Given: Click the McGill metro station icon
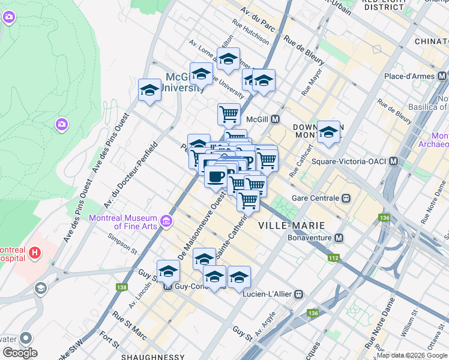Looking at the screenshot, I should [x=276, y=119].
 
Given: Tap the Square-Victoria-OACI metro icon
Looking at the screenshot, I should [x=394, y=161].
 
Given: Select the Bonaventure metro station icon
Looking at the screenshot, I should [x=339, y=238].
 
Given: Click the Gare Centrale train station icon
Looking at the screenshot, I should [x=346, y=198].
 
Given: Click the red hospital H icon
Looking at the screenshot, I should [x=35, y=253].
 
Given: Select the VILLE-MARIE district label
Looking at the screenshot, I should [x=291, y=225].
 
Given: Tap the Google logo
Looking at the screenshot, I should [x=20, y=353].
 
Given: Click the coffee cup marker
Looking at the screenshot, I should [x=215, y=176].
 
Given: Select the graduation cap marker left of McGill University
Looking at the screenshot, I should [x=149, y=90].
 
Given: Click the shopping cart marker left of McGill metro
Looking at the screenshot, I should [x=229, y=113].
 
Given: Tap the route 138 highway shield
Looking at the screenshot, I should [x=122, y=287].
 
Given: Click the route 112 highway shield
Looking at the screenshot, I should [x=333, y=258].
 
